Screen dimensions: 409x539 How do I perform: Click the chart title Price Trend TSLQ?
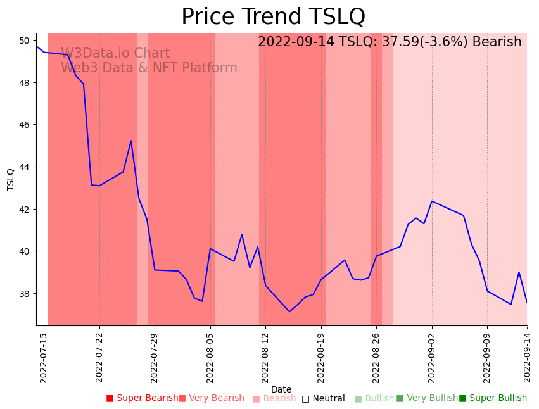273,17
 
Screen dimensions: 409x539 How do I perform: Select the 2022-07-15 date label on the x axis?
44,357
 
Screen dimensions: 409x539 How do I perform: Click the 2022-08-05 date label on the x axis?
210,357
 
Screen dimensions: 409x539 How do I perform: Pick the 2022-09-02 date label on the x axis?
432,357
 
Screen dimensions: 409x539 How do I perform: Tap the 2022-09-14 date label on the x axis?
527,357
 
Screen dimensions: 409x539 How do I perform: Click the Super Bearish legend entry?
142,398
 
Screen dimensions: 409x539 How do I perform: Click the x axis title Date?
281,389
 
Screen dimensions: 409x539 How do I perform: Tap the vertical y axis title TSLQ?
11,179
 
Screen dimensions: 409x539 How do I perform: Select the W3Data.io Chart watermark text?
115,54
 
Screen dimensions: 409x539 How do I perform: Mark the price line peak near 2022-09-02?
432,201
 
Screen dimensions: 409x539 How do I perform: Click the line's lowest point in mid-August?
289,311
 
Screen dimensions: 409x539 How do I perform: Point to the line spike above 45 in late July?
131,141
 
